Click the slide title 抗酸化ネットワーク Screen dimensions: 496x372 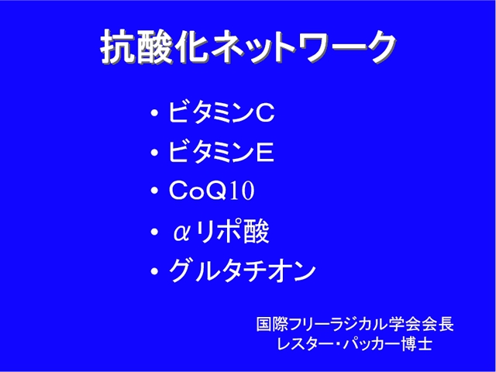point(248,48)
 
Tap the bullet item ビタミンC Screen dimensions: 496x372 point(221,114)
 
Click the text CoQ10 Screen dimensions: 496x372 point(212,191)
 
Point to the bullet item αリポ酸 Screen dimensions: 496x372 point(221,232)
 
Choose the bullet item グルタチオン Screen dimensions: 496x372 point(243,271)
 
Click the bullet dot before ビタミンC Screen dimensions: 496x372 point(154,114)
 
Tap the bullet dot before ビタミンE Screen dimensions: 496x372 point(154,153)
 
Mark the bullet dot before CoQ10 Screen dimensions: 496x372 point(154,191)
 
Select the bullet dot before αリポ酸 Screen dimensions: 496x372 point(154,232)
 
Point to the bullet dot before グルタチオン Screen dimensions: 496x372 point(154,271)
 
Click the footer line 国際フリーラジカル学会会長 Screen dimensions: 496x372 point(355,325)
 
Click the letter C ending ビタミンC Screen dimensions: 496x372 point(265,114)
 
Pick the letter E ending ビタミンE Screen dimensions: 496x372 point(265,153)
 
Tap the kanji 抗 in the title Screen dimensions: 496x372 point(117,47)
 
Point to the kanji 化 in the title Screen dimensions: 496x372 point(189,47)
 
